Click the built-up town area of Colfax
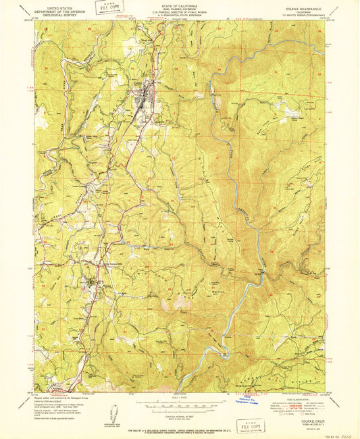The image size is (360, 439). tap(144, 105)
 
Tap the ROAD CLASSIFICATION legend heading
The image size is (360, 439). tap(296, 395)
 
